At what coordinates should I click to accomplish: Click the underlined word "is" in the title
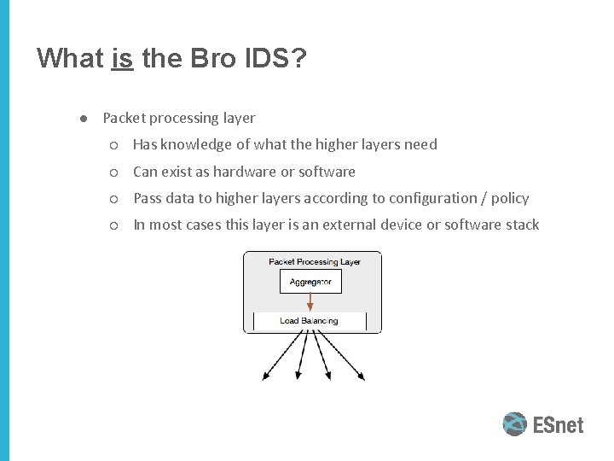[x=122, y=58]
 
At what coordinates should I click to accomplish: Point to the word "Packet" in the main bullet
[x=125, y=118]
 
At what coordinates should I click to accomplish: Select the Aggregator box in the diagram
[x=310, y=282]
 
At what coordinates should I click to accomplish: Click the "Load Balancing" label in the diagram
[x=309, y=321]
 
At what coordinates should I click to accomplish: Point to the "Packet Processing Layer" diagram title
[x=315, y=261]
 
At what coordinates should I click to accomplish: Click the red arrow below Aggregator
[x=311, y=301]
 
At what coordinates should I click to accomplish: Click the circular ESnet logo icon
[x=514, y=424]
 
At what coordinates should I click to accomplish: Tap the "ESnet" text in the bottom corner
[x=559, y=424]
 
